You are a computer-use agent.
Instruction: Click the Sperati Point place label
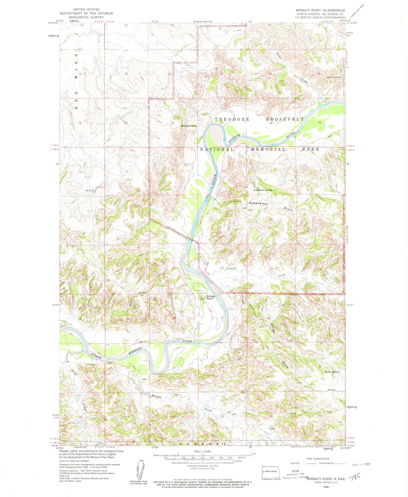189,126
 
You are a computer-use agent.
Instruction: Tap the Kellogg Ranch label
210,297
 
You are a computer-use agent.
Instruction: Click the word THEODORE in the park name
232,119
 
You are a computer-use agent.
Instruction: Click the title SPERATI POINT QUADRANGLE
320,10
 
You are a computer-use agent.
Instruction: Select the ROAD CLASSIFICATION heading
318,459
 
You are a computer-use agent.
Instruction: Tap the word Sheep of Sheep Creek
74,371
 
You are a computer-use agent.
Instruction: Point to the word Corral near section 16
231,268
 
